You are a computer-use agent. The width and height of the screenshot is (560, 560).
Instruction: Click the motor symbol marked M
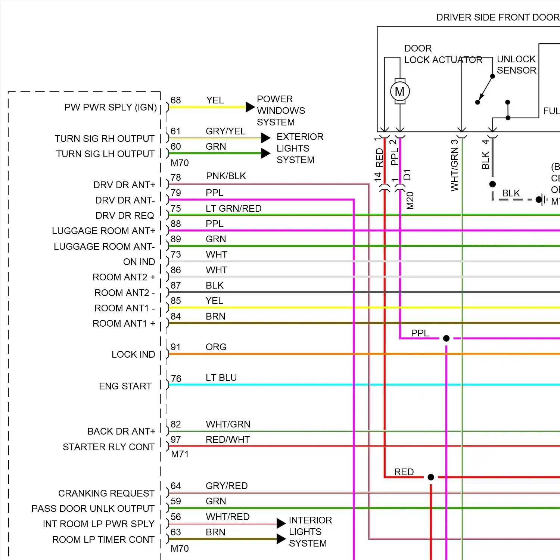(400, 91)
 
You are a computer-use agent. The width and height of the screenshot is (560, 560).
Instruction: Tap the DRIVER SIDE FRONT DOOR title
(498, 18)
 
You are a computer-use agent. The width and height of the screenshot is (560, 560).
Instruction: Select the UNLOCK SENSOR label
(516, 65)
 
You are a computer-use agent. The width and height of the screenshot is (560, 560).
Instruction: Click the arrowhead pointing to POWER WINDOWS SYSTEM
(250, 107)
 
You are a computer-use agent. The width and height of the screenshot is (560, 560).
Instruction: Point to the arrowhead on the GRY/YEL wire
(265, 138)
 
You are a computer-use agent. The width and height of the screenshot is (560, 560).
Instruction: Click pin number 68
(175, 100)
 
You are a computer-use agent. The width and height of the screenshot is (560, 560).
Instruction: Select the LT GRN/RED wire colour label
(233, 208)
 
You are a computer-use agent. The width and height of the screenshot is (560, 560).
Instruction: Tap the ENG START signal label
(125, 386)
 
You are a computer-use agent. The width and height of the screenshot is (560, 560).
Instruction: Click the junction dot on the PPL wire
(446, 339)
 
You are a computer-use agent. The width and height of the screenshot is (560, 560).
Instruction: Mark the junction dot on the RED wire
(431, 477)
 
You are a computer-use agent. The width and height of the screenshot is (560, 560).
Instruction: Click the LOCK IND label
(133, 354)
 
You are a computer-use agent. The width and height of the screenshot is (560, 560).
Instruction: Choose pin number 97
(175, 440)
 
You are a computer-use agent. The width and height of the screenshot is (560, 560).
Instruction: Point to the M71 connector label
(180, 454)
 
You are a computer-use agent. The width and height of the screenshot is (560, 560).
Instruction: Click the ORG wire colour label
(216, 347)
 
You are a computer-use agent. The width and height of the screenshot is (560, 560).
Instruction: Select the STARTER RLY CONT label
(108, 447)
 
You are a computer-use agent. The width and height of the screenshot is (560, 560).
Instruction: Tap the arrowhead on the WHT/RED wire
(281, 523)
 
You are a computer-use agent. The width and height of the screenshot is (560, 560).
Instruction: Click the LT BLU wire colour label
(221, 377)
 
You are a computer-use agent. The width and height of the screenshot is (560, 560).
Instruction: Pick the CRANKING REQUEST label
(106, 493)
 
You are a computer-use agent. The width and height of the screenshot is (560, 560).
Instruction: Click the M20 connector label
(410, 200)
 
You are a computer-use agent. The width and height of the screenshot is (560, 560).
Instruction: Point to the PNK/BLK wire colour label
(226, 176)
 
